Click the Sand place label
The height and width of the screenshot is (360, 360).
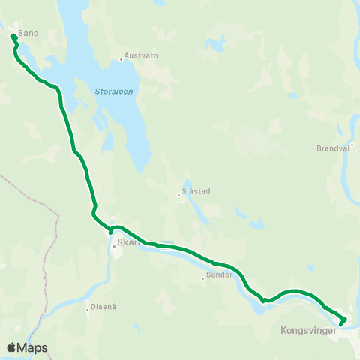coord(28,33)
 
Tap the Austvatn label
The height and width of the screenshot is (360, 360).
coord(141,56)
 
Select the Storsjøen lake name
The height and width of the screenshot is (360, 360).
coord(114,92)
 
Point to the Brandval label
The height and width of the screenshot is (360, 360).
coord(333,148)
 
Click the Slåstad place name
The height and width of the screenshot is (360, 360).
coord(196,191)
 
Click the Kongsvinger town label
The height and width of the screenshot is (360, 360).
coord(305,329)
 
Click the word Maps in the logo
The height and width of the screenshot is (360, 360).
coord(34,347)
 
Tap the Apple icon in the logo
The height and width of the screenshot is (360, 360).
coord(12,346)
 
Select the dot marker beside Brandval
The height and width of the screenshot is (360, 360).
coord(352,145)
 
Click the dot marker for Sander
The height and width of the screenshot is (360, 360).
coord(202,279)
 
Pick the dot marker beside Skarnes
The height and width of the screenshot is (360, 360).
coord(113,246)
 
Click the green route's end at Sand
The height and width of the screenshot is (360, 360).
coord(13,35)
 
